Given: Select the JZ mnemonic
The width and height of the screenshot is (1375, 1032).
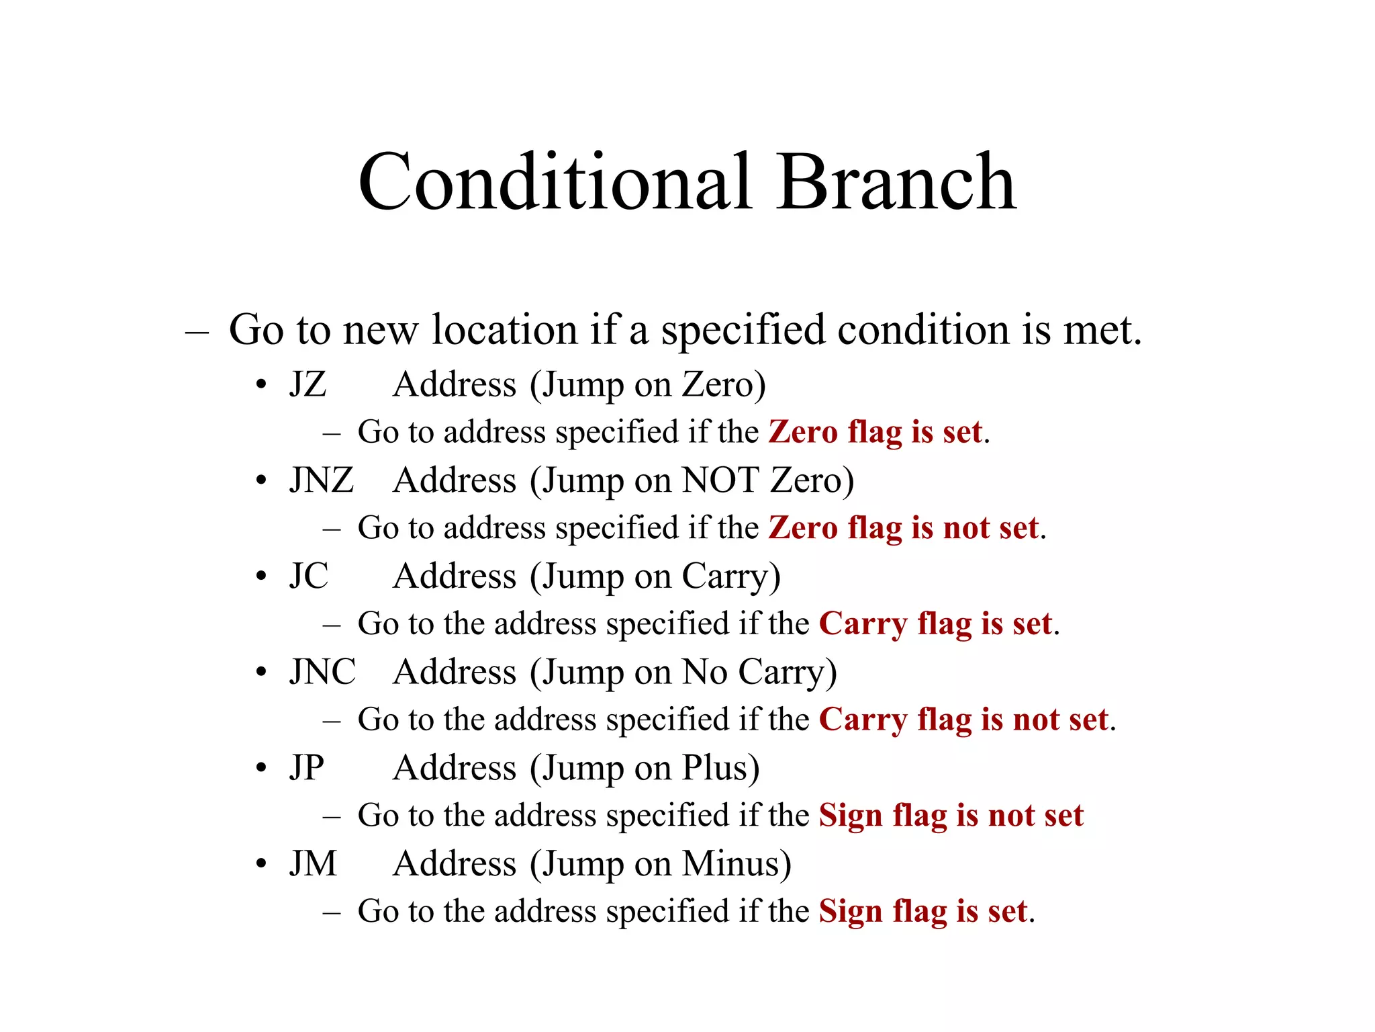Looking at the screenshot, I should pos(308,385).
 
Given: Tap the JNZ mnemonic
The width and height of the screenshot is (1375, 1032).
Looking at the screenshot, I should pos(322,480).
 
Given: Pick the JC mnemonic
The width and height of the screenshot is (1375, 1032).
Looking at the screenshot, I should pos(309,576).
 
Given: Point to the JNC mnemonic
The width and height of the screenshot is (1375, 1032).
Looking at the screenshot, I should pos(323,672).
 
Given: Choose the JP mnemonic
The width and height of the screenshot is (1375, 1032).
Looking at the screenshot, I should pos(307,768).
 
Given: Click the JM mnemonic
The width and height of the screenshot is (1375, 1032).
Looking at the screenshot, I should pos(313,864).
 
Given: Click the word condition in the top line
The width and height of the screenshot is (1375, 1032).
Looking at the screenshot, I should pos(923,331).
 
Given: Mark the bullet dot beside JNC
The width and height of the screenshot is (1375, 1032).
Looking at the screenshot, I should pos(261,673).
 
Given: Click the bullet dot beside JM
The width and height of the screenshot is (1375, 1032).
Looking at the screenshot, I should pos(261,864).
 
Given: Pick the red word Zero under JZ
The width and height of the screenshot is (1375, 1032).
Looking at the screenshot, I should pos(803,432).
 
